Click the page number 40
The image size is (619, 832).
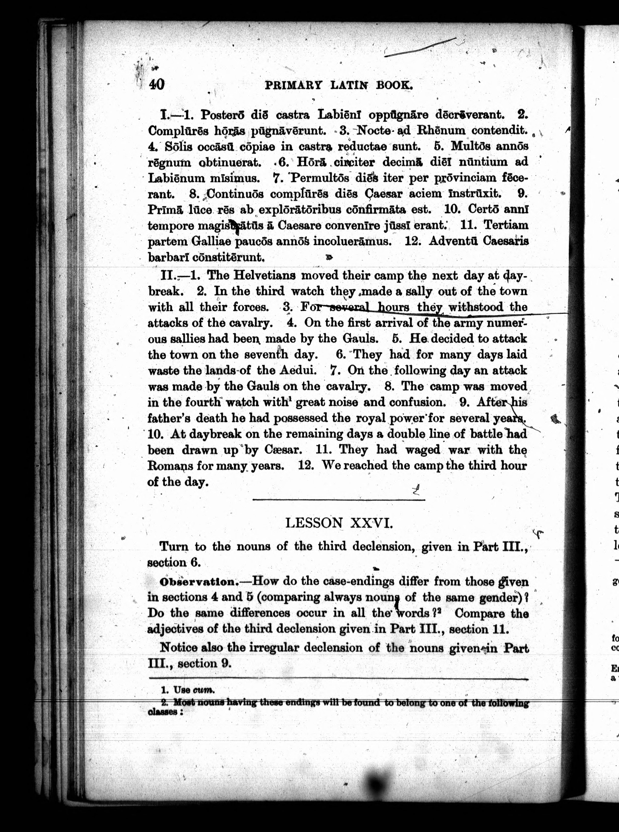(157, 84)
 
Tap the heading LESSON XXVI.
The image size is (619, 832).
(339, 523)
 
